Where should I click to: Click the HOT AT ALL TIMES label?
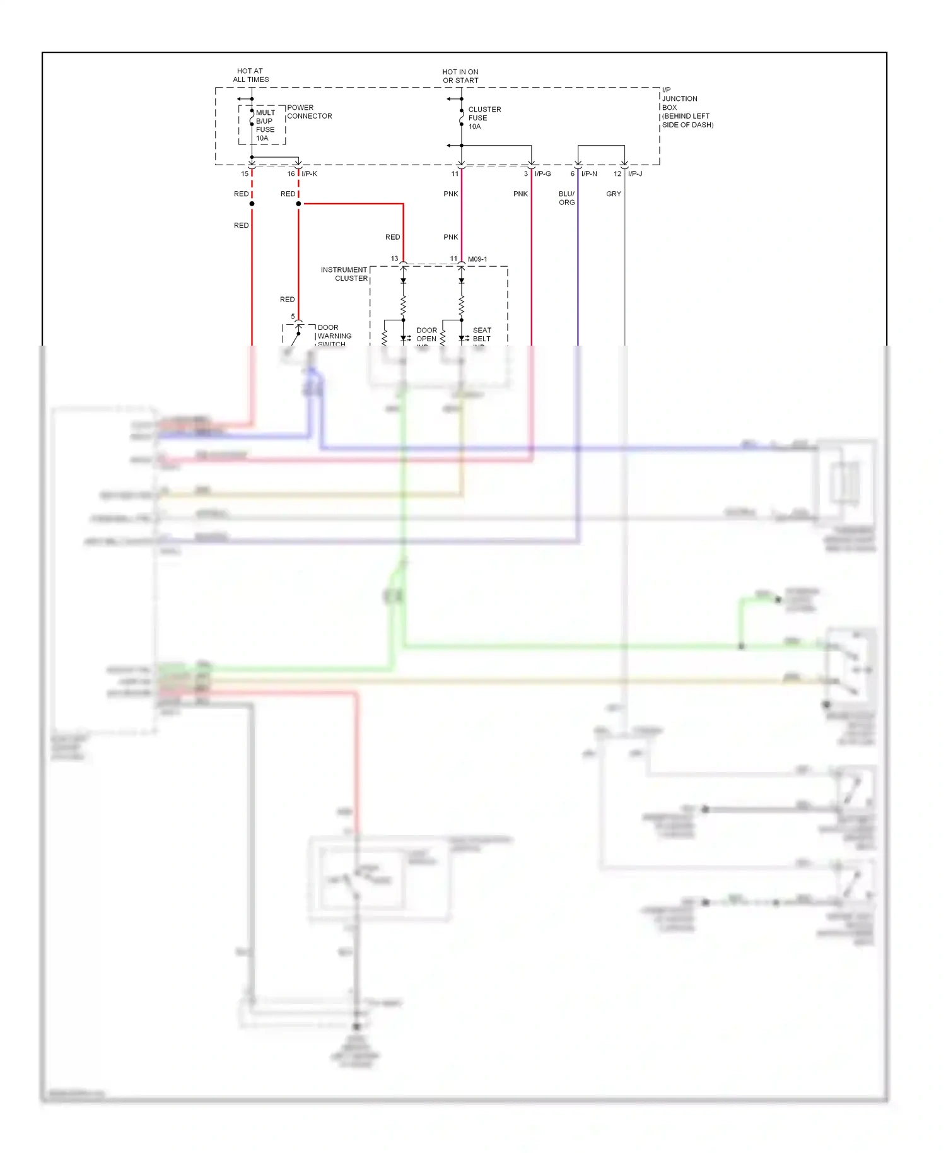(x=250, y=75)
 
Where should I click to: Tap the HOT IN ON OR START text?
(x=460, y=76)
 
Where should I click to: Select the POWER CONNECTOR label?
(x=309, y=112)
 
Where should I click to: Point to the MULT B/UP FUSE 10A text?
(x=265, y=125)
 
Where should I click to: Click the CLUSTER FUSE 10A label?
(x=484, y=118)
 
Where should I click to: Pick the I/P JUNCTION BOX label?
(x=687, y=107)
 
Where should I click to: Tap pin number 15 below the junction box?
(x=245, y=173)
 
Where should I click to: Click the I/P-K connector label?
(x=309, y=173)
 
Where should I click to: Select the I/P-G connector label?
(x=542, y=173)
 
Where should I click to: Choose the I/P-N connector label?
(x=589, y=173)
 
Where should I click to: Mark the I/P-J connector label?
(x=635, y=173)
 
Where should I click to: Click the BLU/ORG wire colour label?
(x=566, y=198)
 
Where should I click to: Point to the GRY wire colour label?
(x=614, y=194)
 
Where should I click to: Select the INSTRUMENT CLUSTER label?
(x=344, y=274)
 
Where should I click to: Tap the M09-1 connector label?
(x=477, y=259)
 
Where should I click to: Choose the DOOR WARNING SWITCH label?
(x=334, y=336)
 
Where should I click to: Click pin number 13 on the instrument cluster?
(x=394, y=259)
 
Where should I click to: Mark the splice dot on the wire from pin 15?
(x=252, y=204)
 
